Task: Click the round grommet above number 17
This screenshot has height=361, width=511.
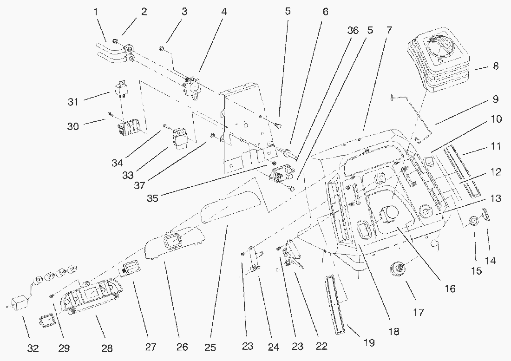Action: [398, 269]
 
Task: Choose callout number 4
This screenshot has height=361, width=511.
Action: [224, 11]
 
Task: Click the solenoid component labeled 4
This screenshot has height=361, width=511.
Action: [192, 86]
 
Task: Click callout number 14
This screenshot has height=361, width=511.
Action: [490, 261]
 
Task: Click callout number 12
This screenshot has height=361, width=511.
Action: [496, 172]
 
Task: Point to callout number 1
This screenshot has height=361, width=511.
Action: [97, 12]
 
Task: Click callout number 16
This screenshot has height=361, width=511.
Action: [449, 289]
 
